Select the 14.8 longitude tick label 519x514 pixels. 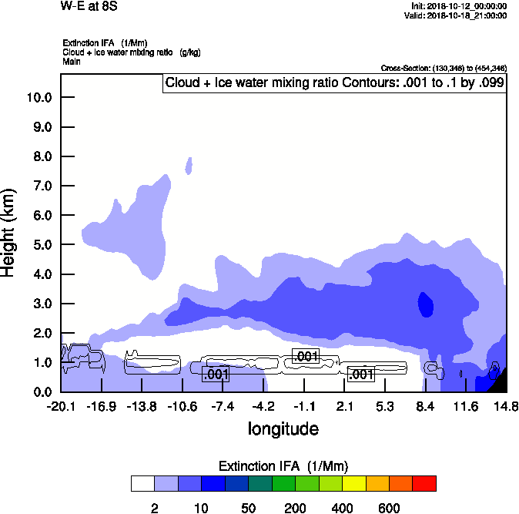click(506, 406)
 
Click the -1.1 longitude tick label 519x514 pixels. click(305, 406)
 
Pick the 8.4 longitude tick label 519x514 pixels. click(425, 406)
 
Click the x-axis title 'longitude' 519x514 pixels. click(283, 428)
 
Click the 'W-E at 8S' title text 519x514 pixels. click(89, 6)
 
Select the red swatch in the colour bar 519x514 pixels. click(424, 483)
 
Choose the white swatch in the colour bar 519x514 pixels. click(142, 483)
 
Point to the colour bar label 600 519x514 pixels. click(389, 508)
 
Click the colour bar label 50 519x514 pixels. click(248, 508)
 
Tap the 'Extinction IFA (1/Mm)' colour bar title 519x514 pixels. click(283, 466)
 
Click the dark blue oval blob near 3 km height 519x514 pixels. click(425, 304)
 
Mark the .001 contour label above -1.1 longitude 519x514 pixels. click(306, 356)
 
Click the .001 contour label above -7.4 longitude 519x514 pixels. click(216, 375)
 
